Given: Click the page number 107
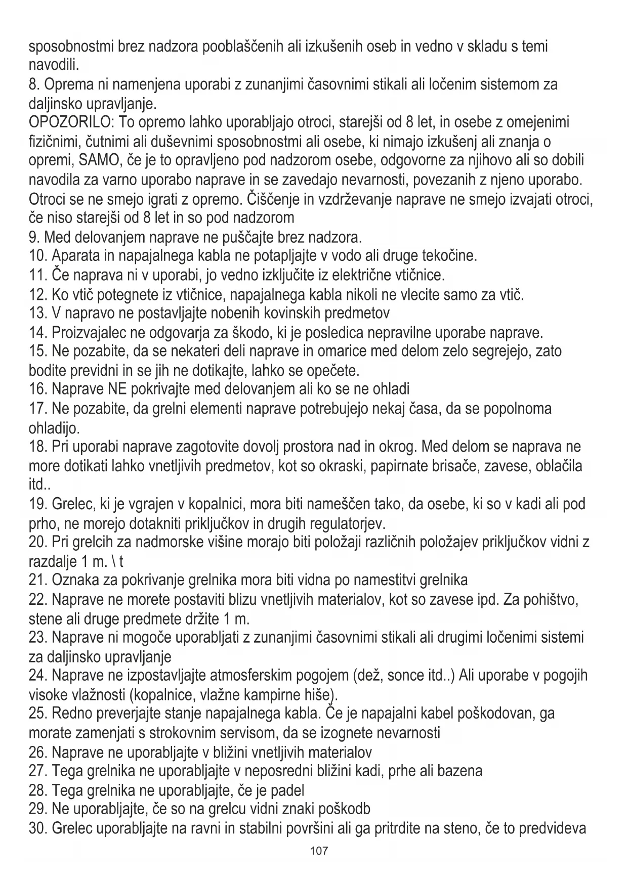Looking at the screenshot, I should click(x=319, y=851).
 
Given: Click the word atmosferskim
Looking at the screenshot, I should click(x=256, y=676).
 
